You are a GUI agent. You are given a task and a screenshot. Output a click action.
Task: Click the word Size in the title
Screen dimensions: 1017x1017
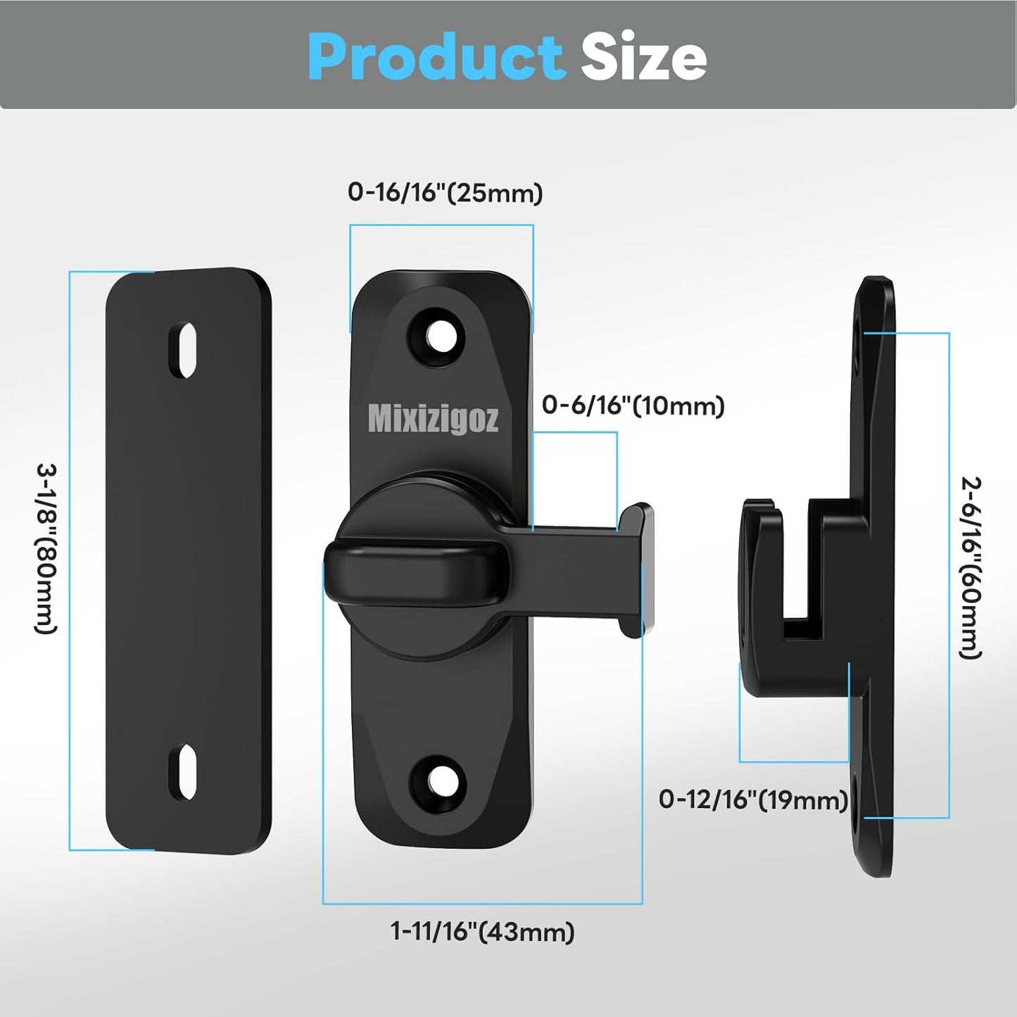point(643,58)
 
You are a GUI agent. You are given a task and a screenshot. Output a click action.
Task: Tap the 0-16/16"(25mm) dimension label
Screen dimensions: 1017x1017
point(445,193)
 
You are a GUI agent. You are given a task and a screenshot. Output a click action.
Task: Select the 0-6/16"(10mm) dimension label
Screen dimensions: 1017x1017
point(633,406)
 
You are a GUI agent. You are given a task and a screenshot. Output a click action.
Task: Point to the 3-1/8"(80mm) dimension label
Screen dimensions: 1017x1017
point(46,548)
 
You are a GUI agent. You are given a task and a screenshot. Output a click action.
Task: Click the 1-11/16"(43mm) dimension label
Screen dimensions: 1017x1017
point(482,932)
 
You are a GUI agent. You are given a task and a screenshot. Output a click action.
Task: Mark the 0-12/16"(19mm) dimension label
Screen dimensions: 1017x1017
point(753,800)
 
